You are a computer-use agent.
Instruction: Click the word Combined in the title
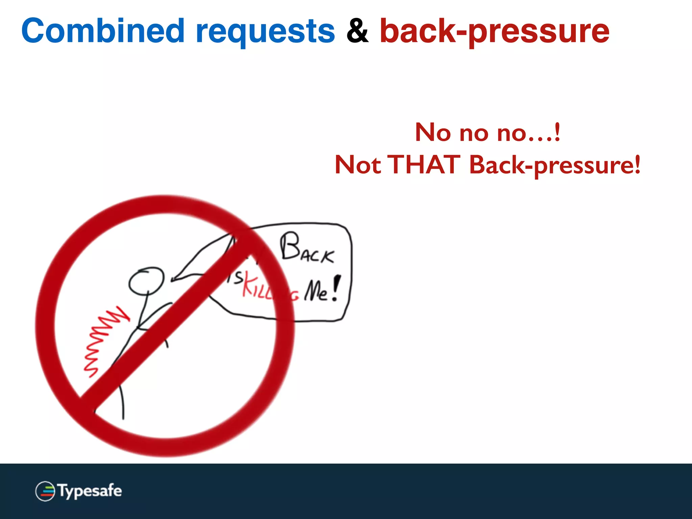click(x=103, y=31)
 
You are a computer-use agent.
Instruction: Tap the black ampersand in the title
click(x=357, y=31)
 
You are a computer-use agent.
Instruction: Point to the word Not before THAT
click(x=357, y=165)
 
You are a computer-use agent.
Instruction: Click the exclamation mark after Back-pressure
click(x=637, y=164)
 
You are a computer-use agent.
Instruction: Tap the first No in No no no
click(x=433, y=132)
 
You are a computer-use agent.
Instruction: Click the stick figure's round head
click(x=146, y=280)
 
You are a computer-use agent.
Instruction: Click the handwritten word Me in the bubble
click(x=316, y=291)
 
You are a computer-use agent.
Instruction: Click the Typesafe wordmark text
click(x=90, y=491)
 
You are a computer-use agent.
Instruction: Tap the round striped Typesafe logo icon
click(x=45, y=491)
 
